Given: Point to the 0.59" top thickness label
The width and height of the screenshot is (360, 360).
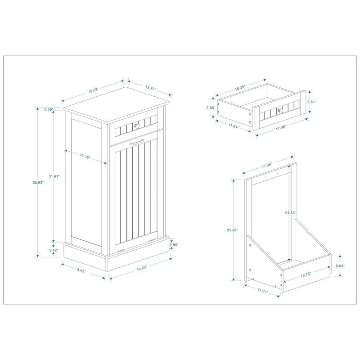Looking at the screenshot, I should pyautogui.click(x=49, y=109).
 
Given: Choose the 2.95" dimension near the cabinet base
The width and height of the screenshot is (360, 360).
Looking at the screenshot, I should pyautogui.click(x=175, y=245).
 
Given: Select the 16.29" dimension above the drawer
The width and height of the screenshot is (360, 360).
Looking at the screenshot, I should pyautogui.click(x=241, y=88).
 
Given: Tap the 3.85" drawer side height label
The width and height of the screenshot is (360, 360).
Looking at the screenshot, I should pyautogui.click(x=210, y=108).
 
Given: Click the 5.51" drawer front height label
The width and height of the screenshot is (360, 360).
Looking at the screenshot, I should pyautogui.click(x=312, y=102).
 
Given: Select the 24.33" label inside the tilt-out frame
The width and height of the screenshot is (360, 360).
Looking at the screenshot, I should pyautogui.click(x=290, y=212).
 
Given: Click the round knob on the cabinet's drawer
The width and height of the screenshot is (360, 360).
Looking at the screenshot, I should pyautogui.click(x=136, y=125).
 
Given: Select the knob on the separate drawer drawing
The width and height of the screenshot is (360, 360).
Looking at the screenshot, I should pyautogui.click(x=279, y=109).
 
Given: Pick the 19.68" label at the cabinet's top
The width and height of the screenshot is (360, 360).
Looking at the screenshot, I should pyautogui.click(x=93, y=90).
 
